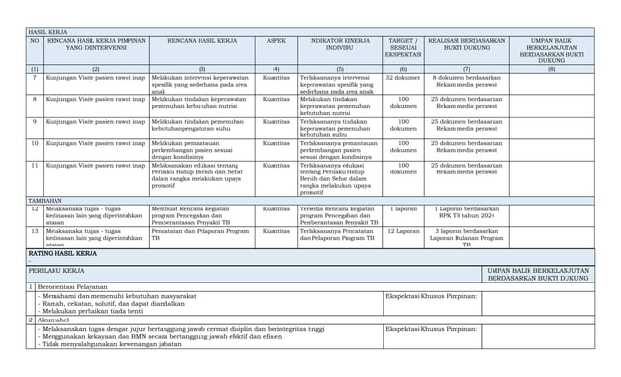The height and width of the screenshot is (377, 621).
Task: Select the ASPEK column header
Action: (x=275, y=43)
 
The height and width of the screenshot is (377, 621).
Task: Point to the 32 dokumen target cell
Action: (x=403, y=78)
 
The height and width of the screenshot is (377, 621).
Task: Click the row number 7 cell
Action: (x=34, y=78)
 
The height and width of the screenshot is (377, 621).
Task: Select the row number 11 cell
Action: (x=34, y=166)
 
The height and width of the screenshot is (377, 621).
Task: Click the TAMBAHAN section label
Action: (x=45, y=200)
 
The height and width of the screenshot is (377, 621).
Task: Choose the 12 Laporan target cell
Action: (x=403, y=231)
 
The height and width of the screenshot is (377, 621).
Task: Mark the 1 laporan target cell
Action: (x=403, y=208)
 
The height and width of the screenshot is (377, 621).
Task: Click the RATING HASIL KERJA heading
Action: (x=62, y=253)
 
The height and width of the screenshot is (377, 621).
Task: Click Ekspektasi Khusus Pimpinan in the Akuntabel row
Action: (x=430, y=329)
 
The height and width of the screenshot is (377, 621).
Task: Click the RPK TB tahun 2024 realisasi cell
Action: (x=466, y=212)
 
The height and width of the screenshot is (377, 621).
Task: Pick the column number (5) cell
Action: (x=340, y=69)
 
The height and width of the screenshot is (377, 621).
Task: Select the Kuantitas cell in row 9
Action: (x=275, y=122)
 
